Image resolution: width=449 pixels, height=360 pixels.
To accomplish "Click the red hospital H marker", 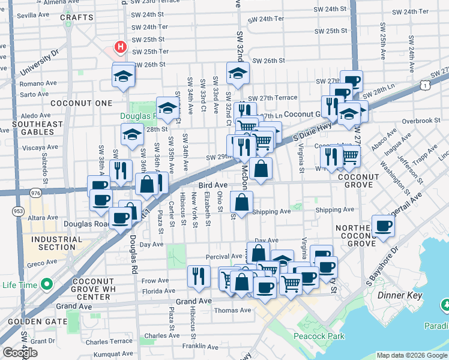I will [121, 46].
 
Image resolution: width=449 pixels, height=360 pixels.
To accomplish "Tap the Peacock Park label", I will [319, 336].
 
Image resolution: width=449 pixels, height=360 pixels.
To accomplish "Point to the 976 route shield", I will [35, 193].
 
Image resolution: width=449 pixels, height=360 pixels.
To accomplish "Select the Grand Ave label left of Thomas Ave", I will [194, 301].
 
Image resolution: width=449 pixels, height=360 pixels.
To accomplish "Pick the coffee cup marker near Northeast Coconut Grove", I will [383, 226].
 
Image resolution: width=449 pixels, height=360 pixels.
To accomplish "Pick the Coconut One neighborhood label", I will [81, 103].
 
